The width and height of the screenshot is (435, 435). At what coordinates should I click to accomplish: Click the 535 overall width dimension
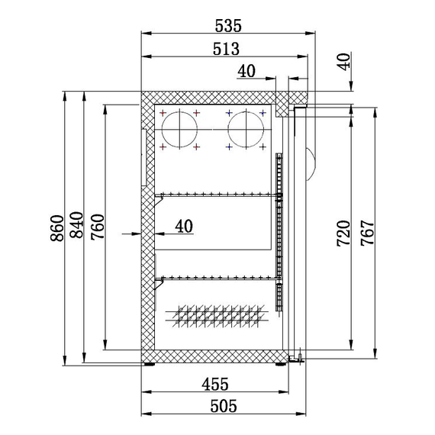point(227,26)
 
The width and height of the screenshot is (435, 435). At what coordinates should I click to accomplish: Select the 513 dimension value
point(227,50)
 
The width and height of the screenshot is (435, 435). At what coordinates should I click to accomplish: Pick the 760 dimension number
point(97,227)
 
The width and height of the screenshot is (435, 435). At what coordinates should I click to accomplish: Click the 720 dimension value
point(343,233)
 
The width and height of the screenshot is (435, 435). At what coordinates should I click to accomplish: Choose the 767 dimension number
point(367,233)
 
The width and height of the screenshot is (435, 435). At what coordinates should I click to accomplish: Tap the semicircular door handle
point(311,156)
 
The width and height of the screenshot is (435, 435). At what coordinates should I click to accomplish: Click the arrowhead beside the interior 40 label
point(136,234)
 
